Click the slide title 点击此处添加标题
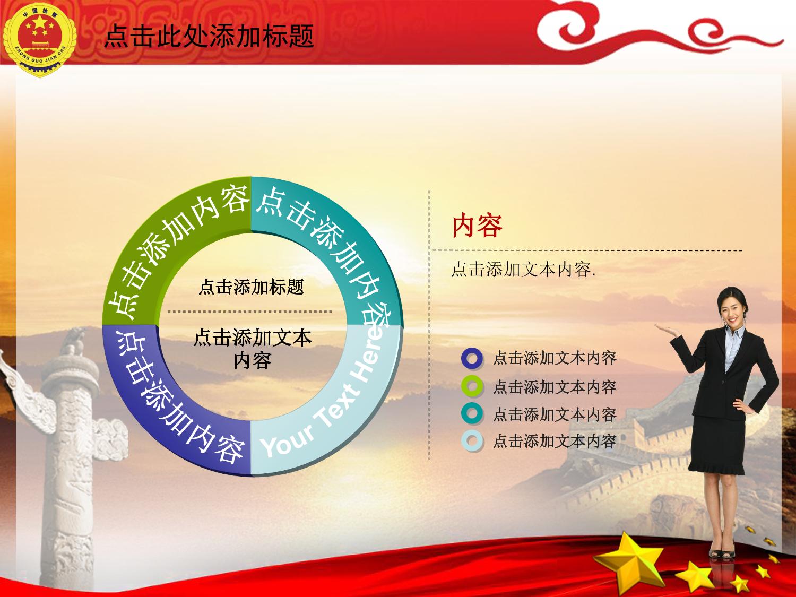[209, 36]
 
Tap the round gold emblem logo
[39, 39]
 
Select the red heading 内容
[477, 226]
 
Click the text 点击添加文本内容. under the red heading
[523, 270]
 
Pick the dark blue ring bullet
[472, 359]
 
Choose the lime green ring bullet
[472, 386]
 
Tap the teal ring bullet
[472, 414]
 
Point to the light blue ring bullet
[472, 441]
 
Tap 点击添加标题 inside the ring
[252, 287]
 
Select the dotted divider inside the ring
[250, 312]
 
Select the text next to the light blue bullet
[555, 441]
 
